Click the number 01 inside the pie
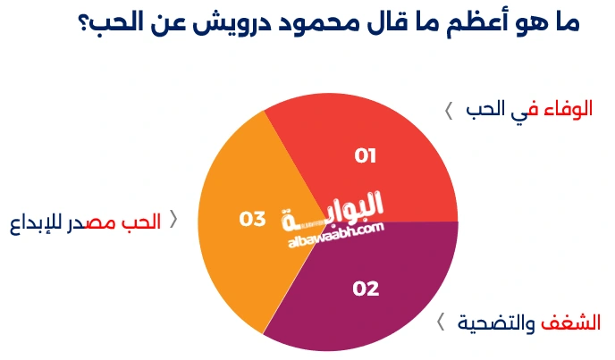tap(366, 156)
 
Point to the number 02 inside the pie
tap(366, 289)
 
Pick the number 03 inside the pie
tap(254, 219)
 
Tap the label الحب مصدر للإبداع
tap(86, 222)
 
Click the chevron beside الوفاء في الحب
tap(449, 112)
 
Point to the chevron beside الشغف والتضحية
tap(441, 322)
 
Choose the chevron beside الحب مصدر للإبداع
tap(173, 221)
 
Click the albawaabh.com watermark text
tap(336, 233)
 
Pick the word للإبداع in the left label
tap(35, 222)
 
